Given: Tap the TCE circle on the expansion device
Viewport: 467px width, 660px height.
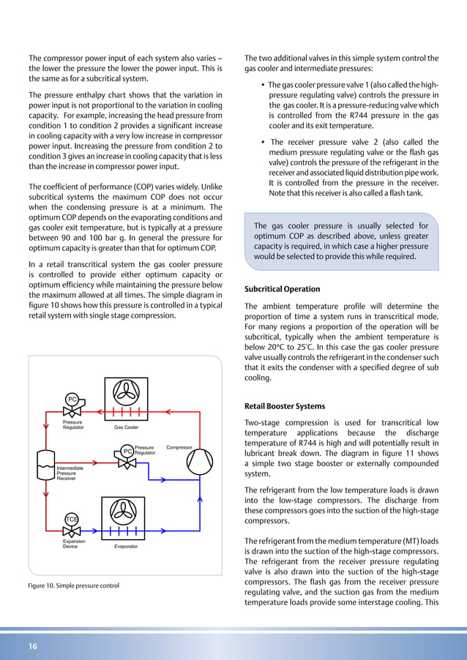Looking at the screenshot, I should click(72, 520).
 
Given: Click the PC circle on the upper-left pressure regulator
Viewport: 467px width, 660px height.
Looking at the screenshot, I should click(72, 399).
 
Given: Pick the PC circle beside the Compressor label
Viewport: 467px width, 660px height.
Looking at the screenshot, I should click(127, 451).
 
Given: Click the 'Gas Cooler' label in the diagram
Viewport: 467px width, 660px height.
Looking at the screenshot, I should click(126, 427).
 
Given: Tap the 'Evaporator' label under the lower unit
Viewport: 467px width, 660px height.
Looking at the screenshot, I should click(125, 547).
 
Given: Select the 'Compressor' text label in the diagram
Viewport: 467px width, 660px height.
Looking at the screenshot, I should click(179, 446).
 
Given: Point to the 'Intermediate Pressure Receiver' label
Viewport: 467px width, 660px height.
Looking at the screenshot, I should click(70, 473).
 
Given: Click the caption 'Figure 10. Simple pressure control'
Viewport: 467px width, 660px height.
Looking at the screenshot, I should click(73, 586).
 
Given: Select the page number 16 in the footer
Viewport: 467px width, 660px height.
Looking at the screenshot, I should click(33, 646).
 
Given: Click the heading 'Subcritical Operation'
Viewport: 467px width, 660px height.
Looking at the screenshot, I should click(282, 289).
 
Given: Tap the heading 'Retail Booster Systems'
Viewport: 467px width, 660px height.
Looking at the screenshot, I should click(285, 406).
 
